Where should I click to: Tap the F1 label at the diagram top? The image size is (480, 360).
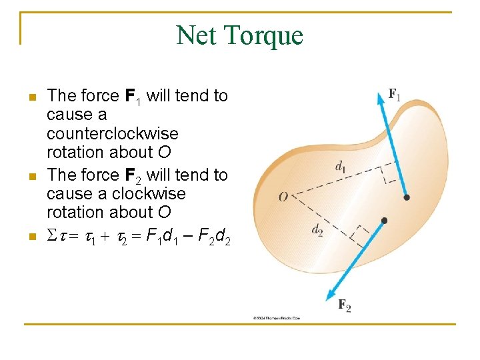point(395,95)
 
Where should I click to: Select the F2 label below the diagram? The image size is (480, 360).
point(345,306)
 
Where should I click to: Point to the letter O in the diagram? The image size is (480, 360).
point(283,197)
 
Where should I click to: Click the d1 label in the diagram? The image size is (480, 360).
point(340,167)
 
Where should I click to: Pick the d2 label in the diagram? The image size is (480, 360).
point(317,230)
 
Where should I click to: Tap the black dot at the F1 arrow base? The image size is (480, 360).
point(406,197)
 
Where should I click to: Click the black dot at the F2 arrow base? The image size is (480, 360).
point(384,221)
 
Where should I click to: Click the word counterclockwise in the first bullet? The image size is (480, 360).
point(103,133)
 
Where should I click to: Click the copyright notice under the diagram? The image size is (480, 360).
point(276,318)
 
